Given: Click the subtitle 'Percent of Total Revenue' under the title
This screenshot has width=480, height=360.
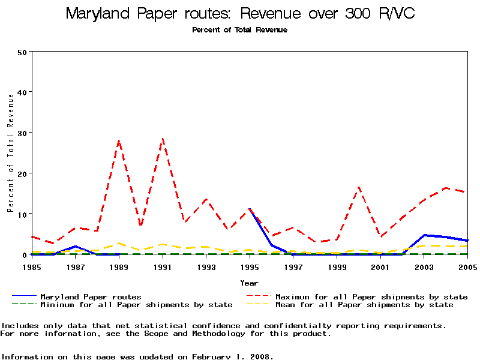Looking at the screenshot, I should click(x=239, y=30).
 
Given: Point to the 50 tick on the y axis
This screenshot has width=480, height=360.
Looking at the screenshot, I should click(x=23, y=52).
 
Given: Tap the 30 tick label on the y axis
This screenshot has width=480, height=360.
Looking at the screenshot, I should click(x=23, y=133).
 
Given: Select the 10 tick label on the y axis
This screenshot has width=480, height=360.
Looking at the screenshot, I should click(x=23, y=214).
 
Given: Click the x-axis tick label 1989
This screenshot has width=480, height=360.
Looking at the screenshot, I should click(x=119, y=266).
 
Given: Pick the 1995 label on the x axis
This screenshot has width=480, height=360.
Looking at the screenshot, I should click(x=250, y=266).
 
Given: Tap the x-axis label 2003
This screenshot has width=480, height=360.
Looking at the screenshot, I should click(x=424, y=266).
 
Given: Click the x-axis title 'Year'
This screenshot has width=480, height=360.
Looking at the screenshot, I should click(x=249, y=283).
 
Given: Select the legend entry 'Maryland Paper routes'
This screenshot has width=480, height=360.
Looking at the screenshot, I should click(x=91, y=296).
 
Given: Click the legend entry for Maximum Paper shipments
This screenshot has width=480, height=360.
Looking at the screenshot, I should click(x=371, y=296).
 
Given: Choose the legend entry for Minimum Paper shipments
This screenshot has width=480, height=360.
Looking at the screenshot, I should click(x=136, y=305).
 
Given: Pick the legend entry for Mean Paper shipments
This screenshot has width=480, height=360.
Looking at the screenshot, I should click(x=364, y=305).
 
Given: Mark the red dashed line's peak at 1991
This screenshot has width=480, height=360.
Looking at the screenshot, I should click(x=163, y=139).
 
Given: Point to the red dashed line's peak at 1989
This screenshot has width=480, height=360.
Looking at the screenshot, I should click(x=119, y=141).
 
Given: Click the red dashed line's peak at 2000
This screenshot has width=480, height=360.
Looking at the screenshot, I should click(x=359, y=187).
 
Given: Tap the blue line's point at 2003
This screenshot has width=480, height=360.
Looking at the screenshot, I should click(x=424, y=235).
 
